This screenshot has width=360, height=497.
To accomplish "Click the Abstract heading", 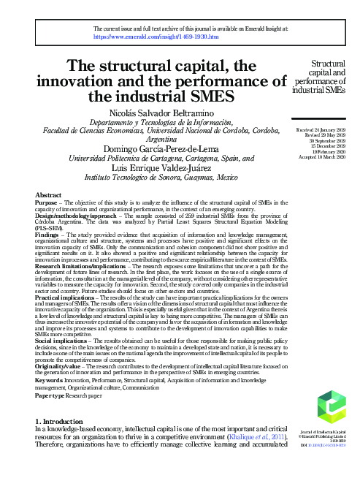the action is (x=47, y=196).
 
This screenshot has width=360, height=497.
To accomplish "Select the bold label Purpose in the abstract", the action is (x=47, y=202).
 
